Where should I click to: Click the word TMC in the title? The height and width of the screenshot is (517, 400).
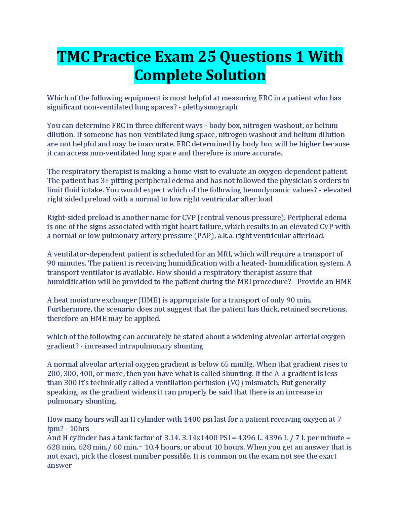[73, 56]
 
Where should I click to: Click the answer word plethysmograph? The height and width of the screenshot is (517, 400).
[210, 107]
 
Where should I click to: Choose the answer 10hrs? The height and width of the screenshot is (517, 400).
[79, 429]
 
